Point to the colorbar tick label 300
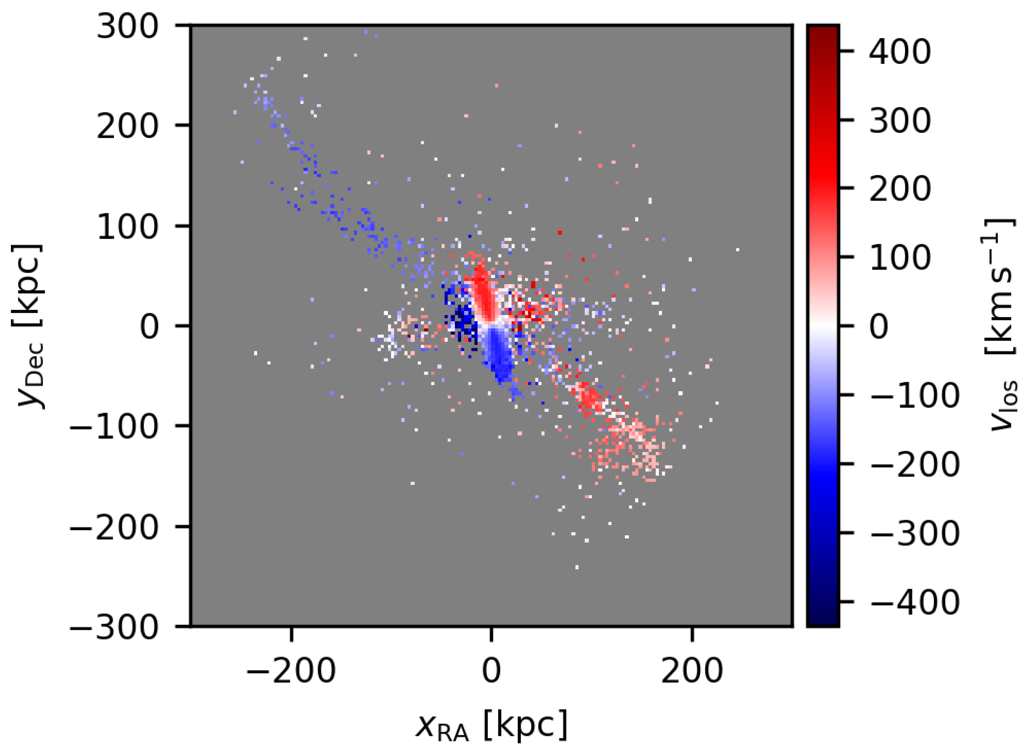coord(900,121)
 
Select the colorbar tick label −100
coord(913,396)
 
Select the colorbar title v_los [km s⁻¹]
coord(1001,326)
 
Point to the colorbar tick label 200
coord(900,189)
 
